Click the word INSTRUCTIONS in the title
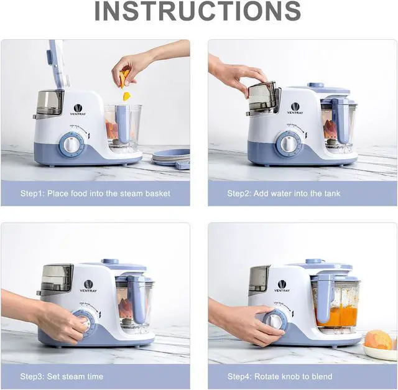pos(198,12)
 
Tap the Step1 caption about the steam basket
pos(95,193)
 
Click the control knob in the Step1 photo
pos(72,146)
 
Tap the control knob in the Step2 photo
pos(288,144)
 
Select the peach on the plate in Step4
pos(377,340)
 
